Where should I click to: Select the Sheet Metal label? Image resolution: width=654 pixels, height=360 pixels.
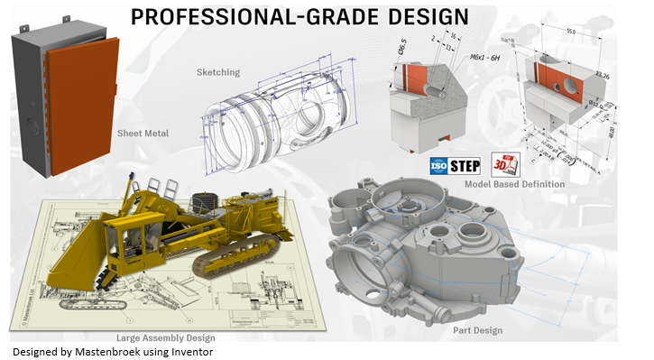(x=143, y=134)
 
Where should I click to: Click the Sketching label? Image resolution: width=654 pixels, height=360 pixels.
(x=218, y=71)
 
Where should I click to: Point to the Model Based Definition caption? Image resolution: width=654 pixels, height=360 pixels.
(x=514, y=184)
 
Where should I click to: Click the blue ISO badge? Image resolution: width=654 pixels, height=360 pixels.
(x=437, y=167)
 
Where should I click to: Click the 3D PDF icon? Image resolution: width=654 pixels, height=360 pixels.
(x=502, y=164)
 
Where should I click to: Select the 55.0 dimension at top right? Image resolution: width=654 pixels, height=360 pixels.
(x=570, y=31)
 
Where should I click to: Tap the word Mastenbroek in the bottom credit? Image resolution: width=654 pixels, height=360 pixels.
(x=113, y=352)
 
